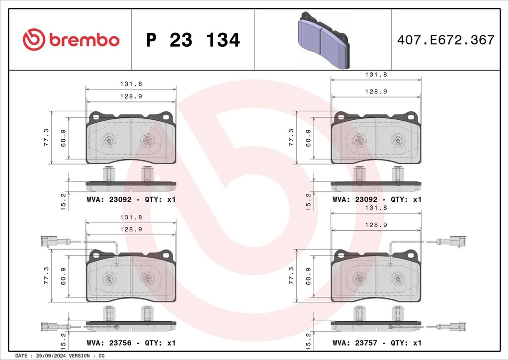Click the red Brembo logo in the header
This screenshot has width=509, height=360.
point(71,39)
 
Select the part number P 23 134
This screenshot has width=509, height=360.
point(193,40)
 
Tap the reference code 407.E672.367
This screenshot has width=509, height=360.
point(446,40)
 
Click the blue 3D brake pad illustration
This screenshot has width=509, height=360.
point(323,40)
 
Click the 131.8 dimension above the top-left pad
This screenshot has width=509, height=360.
point(131,84)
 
